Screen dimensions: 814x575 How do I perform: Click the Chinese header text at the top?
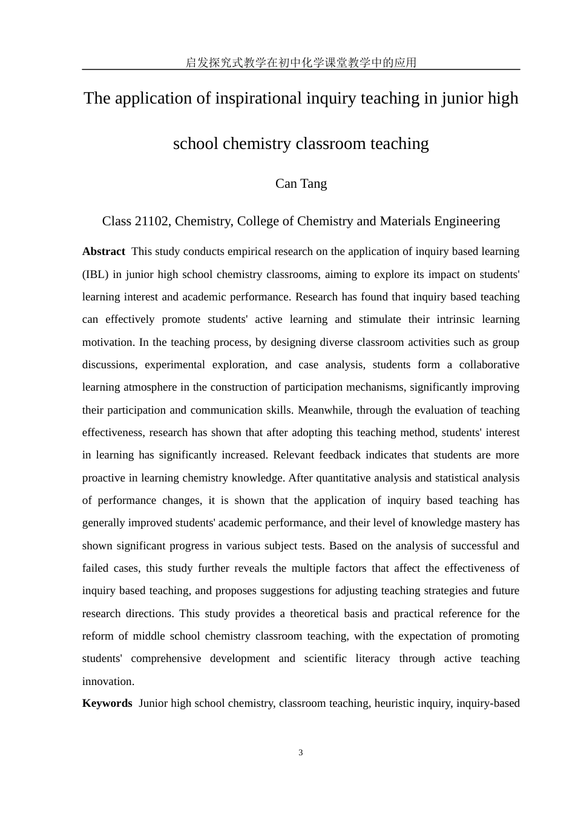(x=301, y=62)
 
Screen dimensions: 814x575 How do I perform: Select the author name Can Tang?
(x=301, y=184)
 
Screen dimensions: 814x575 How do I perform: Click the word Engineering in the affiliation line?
(x=467, y=221)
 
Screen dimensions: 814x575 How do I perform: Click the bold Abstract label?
(x=103, y=251)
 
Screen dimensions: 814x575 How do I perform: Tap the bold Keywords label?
(x=107, y=703)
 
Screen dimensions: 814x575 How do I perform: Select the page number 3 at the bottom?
(x=301, y=753)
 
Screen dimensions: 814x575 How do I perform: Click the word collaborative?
(x=489, y=365)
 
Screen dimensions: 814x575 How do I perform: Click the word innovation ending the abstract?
(x=108, y=681)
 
